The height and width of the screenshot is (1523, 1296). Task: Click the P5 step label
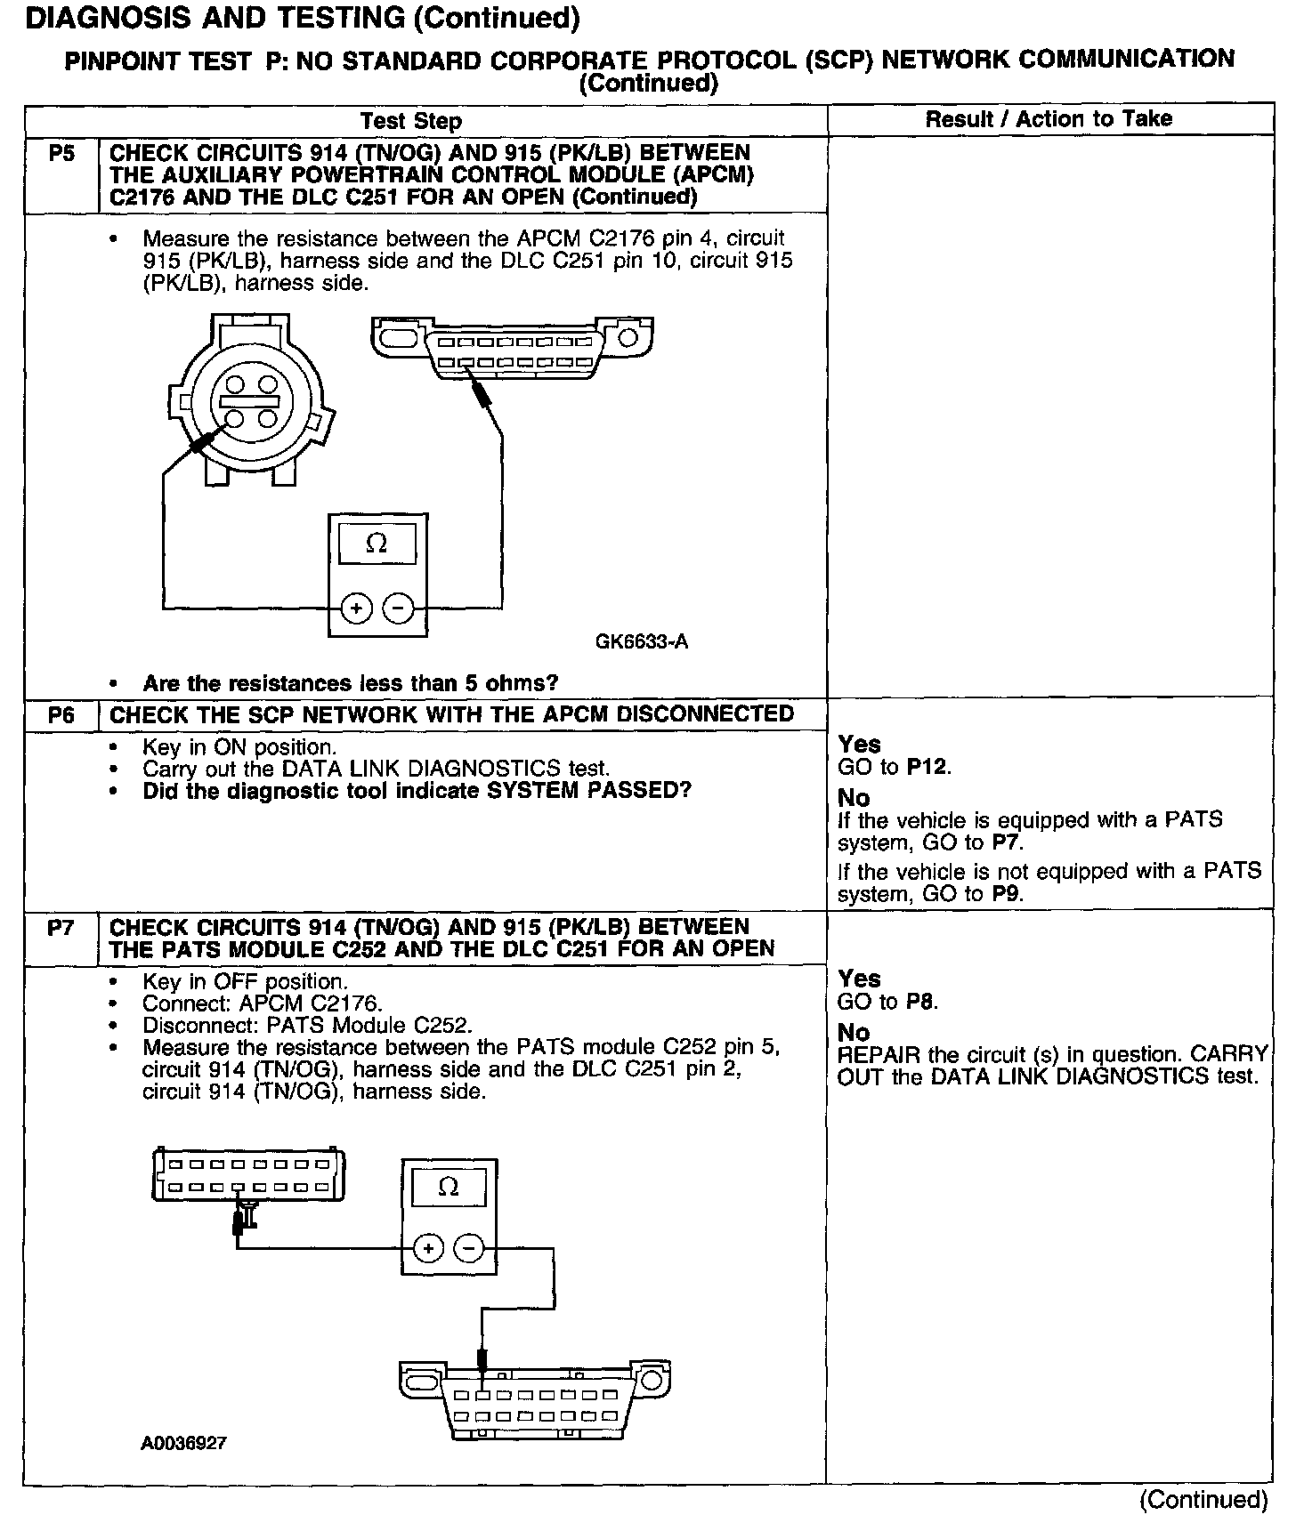(61, 154)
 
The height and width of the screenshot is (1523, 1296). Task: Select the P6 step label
(61, 715)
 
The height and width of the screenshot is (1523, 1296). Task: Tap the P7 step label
(61, 928)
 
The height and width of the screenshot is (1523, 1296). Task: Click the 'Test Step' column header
(410, 121)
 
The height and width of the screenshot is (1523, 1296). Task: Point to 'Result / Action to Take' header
(1049, 119)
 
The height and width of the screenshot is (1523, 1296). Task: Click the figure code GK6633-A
(642, 641)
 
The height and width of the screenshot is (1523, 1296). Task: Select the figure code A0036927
(183, 1443)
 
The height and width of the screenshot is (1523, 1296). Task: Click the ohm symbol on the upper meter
(377, 544)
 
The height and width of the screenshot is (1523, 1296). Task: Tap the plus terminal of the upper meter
(356, 608)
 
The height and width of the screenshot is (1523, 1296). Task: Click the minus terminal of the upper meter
(399, 608)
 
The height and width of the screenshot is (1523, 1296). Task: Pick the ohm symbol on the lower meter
(449, 1188)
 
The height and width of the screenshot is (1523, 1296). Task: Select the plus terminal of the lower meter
(429, 1248)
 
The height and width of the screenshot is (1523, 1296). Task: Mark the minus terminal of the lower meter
(469, 1248)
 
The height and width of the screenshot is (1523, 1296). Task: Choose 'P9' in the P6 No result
(1006, 894)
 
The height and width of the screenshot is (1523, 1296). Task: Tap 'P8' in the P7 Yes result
(920, 1002)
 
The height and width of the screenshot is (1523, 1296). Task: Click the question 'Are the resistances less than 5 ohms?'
(351, 683)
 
